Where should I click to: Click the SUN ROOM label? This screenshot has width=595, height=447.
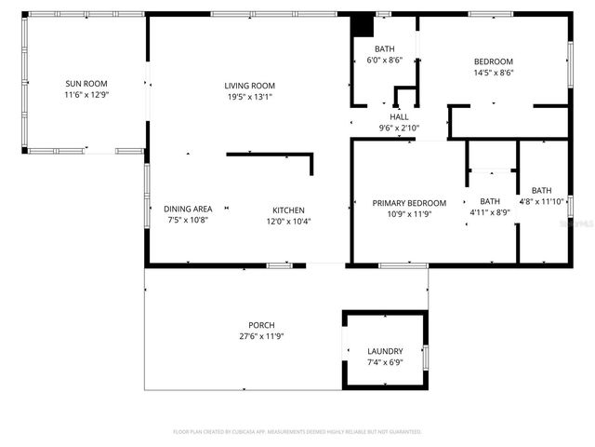pos(85,83)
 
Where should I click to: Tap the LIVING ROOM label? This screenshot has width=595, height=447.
pos(249,86)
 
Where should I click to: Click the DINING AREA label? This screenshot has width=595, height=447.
pos(188,210)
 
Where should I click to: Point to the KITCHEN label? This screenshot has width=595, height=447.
pos(288,210)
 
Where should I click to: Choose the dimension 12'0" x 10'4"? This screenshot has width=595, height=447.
pos(288,221)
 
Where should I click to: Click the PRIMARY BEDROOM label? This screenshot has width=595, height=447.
pos(409,203)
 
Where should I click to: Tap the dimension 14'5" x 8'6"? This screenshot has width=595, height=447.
pos(494,73)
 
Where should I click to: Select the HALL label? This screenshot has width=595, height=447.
pos(399,116)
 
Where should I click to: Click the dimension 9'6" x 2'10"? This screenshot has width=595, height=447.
pos(399,128)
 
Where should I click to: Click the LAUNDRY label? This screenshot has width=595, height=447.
pos(385,351)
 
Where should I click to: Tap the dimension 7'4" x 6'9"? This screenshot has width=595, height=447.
pos(385,362)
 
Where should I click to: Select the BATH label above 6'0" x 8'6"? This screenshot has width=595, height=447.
pos(385,48)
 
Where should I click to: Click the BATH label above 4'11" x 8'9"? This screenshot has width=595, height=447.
pos(489,201)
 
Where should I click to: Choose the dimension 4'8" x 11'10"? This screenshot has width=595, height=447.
pos(541,201)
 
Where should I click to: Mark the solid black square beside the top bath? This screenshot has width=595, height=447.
pos(362,25)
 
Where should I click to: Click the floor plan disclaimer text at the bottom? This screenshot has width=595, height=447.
pos(297,432)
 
